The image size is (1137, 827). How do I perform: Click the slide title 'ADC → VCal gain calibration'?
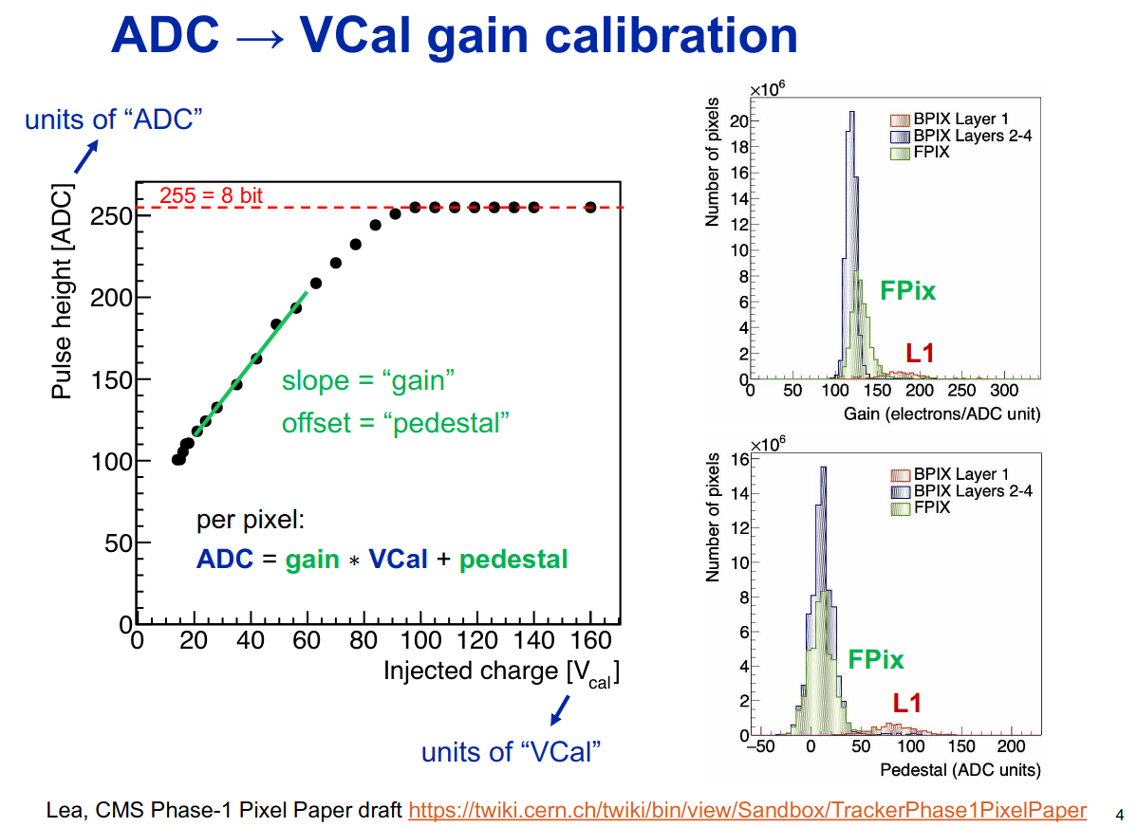point(454,36)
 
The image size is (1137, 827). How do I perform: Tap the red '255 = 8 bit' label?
point(210,195)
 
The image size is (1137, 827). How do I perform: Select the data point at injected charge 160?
point(590,207)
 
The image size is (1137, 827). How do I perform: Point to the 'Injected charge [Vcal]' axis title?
point(500,671)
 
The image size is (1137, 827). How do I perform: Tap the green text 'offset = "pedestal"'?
point(395,423)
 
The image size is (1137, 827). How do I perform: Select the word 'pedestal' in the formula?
point(513,560)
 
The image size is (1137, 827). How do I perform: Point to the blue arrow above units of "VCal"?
point(561,710)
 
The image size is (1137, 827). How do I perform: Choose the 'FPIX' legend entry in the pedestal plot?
point(931,508)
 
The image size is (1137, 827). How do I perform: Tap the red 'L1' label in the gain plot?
point(919,354)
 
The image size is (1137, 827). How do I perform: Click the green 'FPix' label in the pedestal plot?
point(875,659)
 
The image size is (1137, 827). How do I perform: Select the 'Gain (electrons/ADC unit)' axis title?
point(941,414)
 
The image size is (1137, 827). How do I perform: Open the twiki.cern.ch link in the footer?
point(747,810)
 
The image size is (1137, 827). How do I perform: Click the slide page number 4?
point(1119,814)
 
